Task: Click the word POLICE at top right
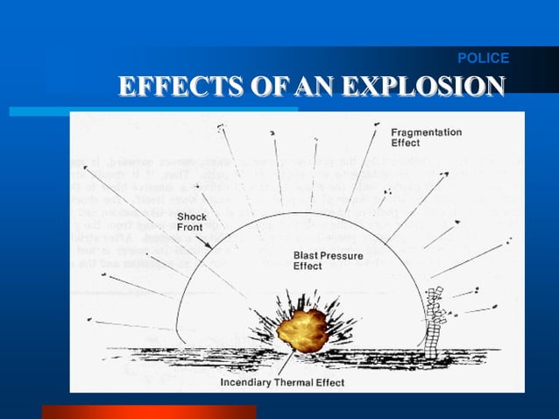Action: [483, 59]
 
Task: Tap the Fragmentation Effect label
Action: [426, 138]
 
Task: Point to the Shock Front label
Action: [192, 222]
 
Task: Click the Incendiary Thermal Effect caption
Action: [281, 383]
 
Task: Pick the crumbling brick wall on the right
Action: [435, 320]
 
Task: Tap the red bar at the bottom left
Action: [149, 411]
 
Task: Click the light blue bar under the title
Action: [153, 111]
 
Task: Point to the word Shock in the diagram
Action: [193, 216]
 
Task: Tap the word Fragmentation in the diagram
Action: [426, 132]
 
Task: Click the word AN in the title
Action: [316, 88]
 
